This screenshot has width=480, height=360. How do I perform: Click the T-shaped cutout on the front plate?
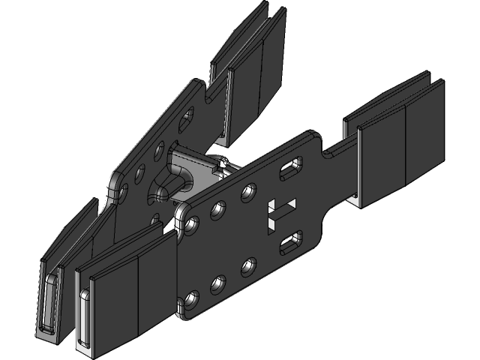pyautogui.click(x=281, y=211)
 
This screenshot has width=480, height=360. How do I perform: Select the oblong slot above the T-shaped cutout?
pyautogui.click(x=291, y=169)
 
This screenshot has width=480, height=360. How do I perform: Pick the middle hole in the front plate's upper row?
pyautogui.click(x=219, y=208)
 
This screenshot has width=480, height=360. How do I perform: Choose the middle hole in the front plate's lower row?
pyautogui.click(x=218, y=283)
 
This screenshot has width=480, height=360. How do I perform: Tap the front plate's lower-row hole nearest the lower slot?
pyautogui.click(x=247, y=265)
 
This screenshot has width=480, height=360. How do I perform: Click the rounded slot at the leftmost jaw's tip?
pyautogui.click(x=49, y=304)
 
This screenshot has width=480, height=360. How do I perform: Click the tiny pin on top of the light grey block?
pyautogui.click(x=223, y=160)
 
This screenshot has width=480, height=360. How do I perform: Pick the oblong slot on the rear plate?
pyautogui.click(x=185, y=120)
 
